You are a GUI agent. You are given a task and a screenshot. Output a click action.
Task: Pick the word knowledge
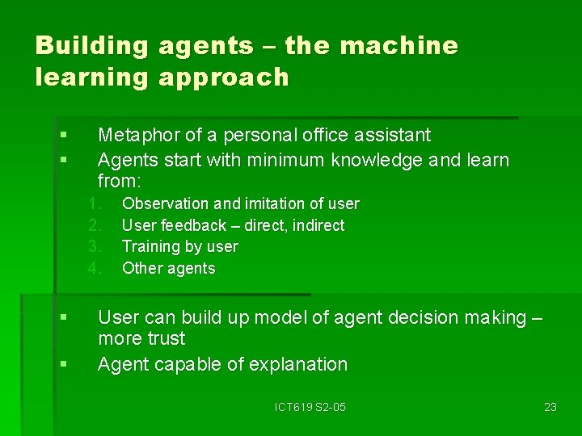(379, 160)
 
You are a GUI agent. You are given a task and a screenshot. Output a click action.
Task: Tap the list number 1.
(94, 203)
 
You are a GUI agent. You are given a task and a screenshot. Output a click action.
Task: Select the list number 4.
(94, 268)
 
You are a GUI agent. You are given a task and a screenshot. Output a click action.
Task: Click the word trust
(166, 338)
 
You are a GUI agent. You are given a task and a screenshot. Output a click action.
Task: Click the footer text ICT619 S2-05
(310, 407)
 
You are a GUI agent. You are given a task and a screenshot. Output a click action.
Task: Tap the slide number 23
(550, 407)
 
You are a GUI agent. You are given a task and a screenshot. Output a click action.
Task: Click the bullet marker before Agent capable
(63, 365)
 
